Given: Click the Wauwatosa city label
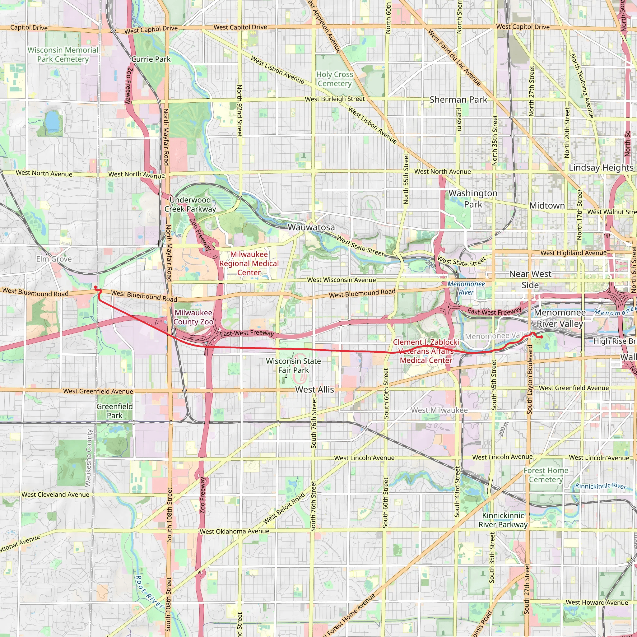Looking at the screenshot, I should pyautogui.click(x=311, y=227).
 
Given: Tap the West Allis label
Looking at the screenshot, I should pyautogui.click(x=314, y=389).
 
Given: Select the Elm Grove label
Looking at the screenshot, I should pyautogui.click(x=54, y=259).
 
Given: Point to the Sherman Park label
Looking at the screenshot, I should pyautogui.click(x=458, y=100).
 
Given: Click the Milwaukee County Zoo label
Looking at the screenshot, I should pyautogui.click(x=193, y=317).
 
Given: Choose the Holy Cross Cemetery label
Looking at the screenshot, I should pyautogui.click(x=335, y=79).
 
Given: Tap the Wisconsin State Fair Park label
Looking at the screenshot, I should pyautogui.click(x=293, y=366).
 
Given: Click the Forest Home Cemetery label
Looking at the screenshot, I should pyautogui.click(x=546, y=475).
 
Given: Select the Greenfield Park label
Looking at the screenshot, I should pyautogui.click(x=114, y=411).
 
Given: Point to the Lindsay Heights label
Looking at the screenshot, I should pyautogui.click(x=601, y=168).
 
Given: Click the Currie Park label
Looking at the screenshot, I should pyautogui.click(x=151, y=59).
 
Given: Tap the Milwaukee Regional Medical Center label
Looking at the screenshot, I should pyautogui.click(x=249, y=263).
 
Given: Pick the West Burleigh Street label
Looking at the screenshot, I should pyautogui.click(x=335, y=99).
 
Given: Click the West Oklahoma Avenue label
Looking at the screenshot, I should pyautogui.click(x=235, y=532).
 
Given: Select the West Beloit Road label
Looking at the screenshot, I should pyautogui.click(x=284, y=509).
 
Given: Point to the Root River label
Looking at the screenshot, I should pyautogui.click(x=149, y=592).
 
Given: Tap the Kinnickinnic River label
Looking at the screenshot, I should pyautogui.click(x=600, y=486).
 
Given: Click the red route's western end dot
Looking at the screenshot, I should pyautogui.click(x=95, y=287).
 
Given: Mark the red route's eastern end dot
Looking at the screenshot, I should pyautogui.click(x=542, y=337).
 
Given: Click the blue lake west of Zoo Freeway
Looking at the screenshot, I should pyautogui.click(x=52, y=121).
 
